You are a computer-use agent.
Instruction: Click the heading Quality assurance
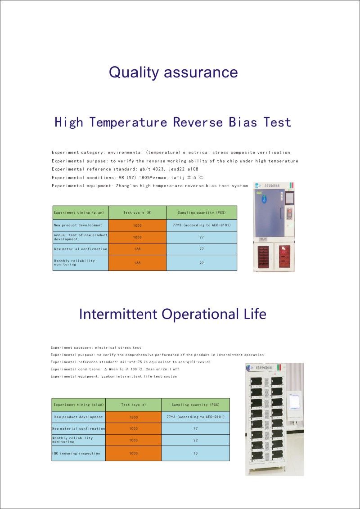pos(173,72)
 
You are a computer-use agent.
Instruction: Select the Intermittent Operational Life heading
pos(172,314)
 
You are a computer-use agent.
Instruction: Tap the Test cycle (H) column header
pos(137,212)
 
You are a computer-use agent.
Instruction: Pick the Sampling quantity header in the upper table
pos(201,212)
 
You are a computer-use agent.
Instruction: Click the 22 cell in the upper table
pos(201,263)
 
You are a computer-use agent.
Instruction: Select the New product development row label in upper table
pos(78,225)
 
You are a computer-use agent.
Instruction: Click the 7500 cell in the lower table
pos(133,417)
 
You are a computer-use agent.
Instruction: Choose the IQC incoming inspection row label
pos(76,453)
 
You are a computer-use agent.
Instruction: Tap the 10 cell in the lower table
pos(195,453)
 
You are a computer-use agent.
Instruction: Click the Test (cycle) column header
pos(133,405)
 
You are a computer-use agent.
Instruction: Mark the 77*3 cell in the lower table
pos(195,417)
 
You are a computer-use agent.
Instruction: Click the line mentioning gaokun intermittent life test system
pos(113,376)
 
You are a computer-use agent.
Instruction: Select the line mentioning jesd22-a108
pos(125,169)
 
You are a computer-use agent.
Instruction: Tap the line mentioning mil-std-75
pos(131,362)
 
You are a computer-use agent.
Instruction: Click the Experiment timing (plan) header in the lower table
pos(79,405)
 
